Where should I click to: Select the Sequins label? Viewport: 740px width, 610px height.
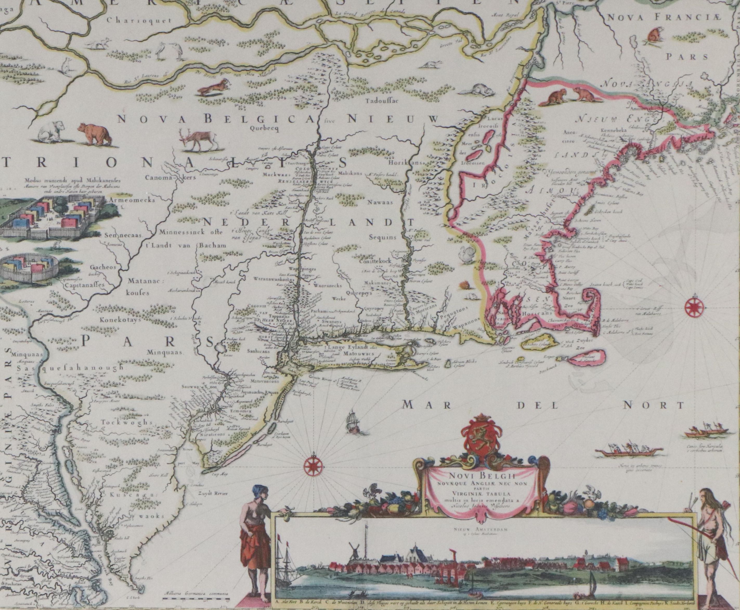pos(382,237)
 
